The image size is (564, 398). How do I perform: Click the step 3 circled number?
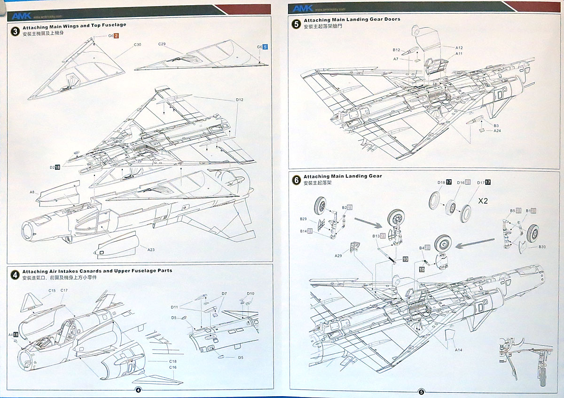pyautogui.click(x=16, y=31)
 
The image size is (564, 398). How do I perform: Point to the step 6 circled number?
pyautogui.click(x=296, y=180)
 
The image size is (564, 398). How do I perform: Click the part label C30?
pyautogui.click(x=137, y=45)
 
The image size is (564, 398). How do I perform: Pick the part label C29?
pyautogui.click(x=162, y=44)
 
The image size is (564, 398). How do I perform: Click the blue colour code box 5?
pyautogui.click(x=265, y=47)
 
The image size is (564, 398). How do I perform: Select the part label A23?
pyautogui.click(x=151, y=250)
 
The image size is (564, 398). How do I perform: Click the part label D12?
pyautogui.click(x=239, y=100)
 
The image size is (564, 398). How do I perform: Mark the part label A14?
pyautogui.click(x=458, y=350)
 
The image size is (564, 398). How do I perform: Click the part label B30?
pyautogui.click(x=542, y=247)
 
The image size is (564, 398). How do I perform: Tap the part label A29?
pyautogui.click(x=338, y=256)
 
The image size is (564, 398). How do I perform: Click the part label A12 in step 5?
pyautogui.click(x=459, y=48)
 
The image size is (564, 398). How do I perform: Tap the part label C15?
pyautogui.click(x=52, y=291)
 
